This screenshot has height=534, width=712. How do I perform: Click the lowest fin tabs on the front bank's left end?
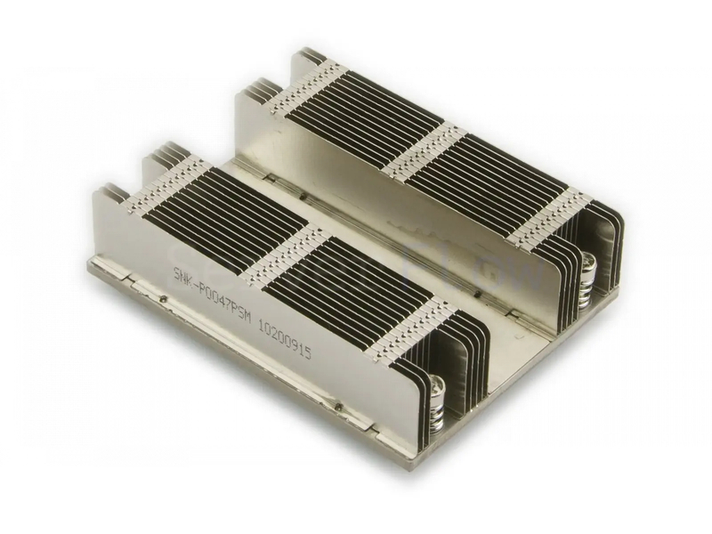point(111,190)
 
